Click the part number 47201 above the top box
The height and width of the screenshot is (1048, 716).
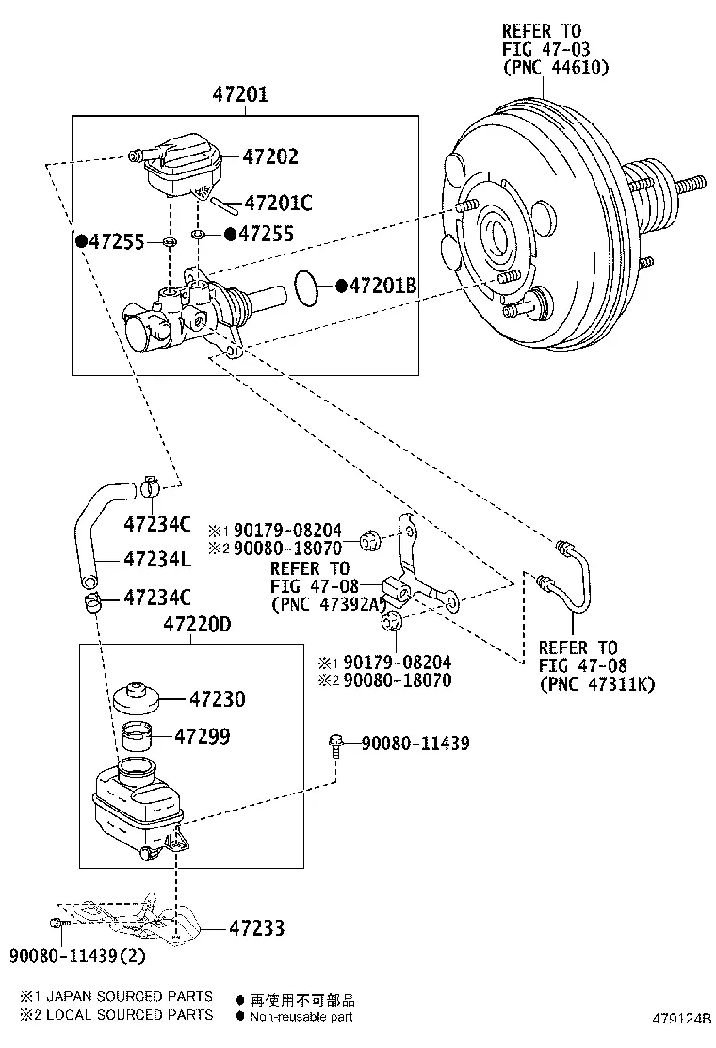tap(240, 94)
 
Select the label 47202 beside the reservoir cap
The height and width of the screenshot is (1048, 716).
tap(269, 156)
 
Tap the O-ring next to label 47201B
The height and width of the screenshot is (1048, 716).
tap(306, 288)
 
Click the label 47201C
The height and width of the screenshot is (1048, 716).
tap(278, 203)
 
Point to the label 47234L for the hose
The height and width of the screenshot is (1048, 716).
tap(157, 559)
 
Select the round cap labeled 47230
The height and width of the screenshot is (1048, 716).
tap(136, 697)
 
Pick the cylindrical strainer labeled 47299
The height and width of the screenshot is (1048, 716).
tap(137, 737)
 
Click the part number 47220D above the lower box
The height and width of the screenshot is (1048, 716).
tap(198, 624)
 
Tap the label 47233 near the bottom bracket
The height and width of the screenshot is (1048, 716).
tap(256, 927)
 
